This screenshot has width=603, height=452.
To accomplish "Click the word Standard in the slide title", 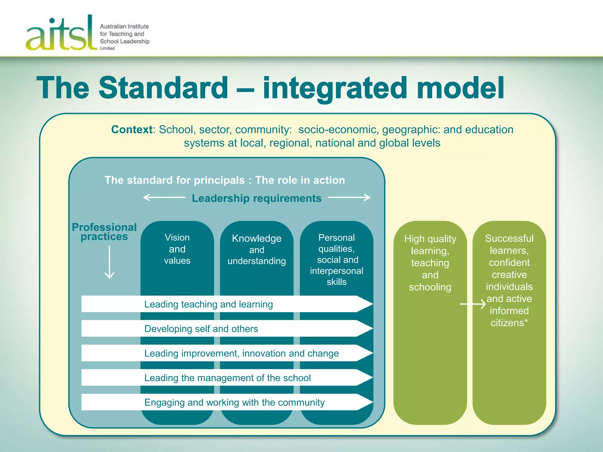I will (x=163, y=88).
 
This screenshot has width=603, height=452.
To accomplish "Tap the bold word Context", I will (x=132, y=130).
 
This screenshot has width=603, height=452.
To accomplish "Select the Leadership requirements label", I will (x=256, y=198).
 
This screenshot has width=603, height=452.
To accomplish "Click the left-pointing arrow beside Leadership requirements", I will (x=164, y=197).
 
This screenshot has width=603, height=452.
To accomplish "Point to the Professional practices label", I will (x=104, y=232).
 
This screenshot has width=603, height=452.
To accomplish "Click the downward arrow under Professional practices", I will (x=110, y=262).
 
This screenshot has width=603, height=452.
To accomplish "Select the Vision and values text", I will (x=177, y=249).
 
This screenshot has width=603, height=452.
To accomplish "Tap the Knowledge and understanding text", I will (x=256, y=250).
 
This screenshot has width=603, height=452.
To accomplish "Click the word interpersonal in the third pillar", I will (x=337, y=271).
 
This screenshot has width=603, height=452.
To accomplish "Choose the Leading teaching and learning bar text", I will (x=208, y=304).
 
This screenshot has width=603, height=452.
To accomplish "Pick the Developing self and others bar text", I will (x=201, y=329).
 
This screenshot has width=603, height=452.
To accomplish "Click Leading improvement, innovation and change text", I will (x=241, y=353).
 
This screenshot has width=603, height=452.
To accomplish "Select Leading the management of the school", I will (x=227, y=378).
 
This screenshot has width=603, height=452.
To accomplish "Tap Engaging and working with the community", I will (x=234, y=403).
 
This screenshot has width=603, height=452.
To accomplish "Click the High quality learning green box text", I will (x=430, y=262).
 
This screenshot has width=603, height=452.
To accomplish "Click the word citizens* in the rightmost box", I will (x=509, y=323).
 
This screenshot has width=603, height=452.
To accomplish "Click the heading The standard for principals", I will (x=175, y=180).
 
